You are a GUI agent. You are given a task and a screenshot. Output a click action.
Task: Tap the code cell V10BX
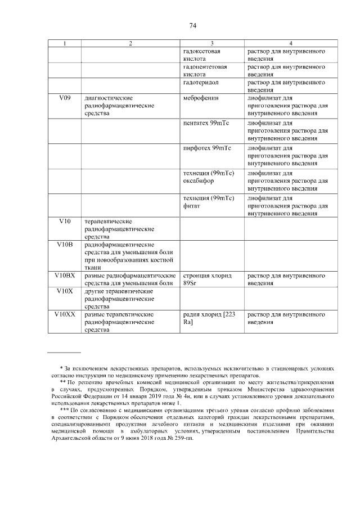click(x=65, y=276)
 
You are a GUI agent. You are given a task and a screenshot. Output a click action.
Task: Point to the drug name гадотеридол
click(x=201, y=82)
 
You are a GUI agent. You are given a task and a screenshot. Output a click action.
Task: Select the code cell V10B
click(x=65, y=245)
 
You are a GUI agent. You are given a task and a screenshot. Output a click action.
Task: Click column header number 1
click(x=65, y=43)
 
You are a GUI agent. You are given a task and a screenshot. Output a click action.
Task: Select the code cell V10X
click(x=65, y=291)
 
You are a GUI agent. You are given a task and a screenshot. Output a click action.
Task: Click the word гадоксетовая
click(x=201, y=51)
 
